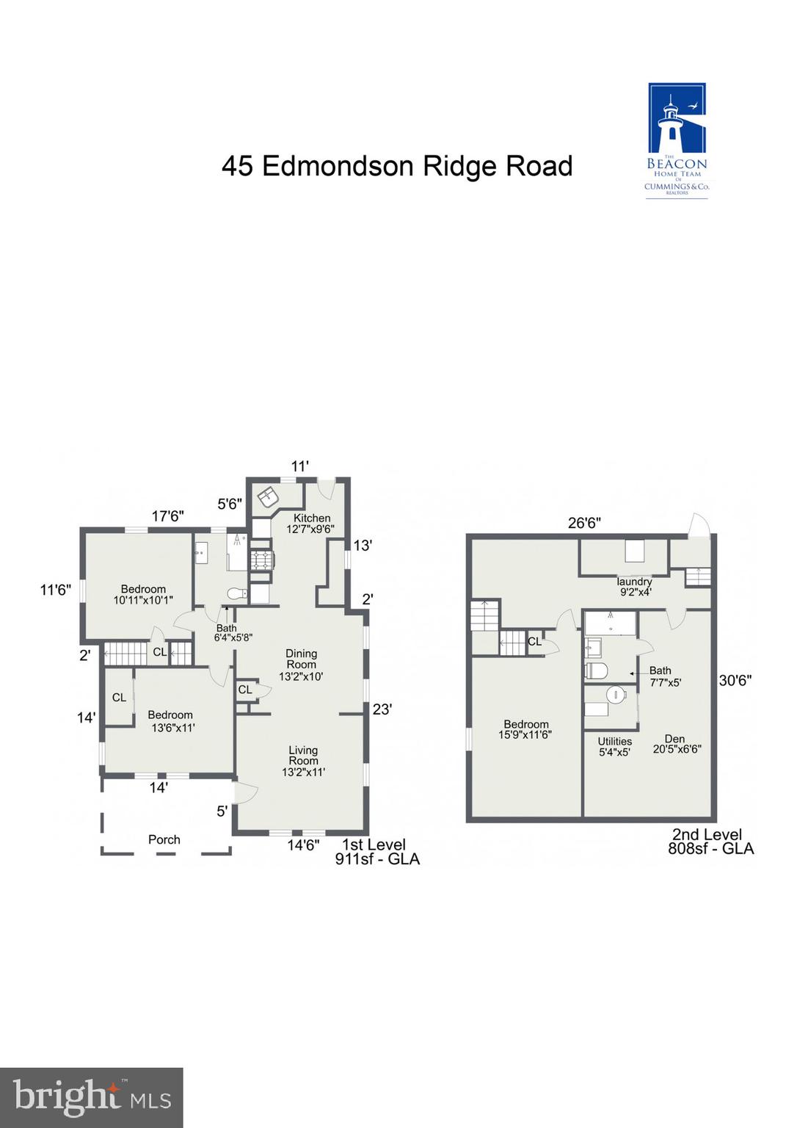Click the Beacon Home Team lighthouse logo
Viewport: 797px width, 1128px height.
coord(677,139)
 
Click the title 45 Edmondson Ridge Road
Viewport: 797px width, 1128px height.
coord(397,166)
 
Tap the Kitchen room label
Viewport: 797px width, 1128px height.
coord(311,523)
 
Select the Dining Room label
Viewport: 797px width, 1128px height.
coord(301,664)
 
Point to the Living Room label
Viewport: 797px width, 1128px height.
coord(303,761)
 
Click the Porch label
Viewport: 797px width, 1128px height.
coord(164,839)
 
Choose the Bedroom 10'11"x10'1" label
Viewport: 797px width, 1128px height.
coord(143,594)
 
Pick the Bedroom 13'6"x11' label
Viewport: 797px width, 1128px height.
coord(170,721)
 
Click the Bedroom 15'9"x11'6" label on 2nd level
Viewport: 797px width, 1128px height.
coord(525,729)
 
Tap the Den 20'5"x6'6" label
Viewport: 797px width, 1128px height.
coord(676,744)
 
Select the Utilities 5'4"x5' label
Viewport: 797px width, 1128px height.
coord(614,746)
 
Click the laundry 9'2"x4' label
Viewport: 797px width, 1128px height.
coord(635,586)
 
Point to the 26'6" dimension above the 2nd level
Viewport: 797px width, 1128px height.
coord(584,523)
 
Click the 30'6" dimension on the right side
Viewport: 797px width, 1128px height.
coord(735,681)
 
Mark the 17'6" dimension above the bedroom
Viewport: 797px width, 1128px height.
coord(167,516)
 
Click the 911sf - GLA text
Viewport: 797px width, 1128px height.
coord(377,859)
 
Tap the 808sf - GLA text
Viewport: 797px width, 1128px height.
coord(710,849)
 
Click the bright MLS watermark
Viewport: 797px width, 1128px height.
coord(92,1097)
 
